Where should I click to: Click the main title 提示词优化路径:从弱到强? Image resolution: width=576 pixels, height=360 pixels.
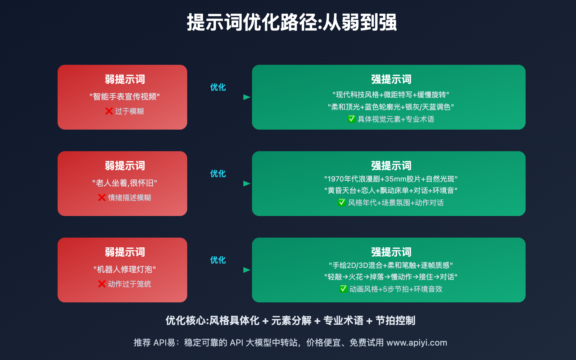(x=292, y=23)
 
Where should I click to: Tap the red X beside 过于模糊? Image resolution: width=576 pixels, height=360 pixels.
(x=109, y=111)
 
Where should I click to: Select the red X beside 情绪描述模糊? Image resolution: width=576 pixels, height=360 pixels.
(x=102, y=198)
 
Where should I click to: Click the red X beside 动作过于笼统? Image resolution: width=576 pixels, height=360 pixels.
(x=102, y=284)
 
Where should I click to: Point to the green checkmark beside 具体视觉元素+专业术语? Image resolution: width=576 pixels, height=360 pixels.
(x=351, y=119)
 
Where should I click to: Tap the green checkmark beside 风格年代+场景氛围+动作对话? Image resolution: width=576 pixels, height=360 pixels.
(x=342, y=202)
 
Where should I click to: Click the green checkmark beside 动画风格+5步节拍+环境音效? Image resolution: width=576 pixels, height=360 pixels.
(x=343, y=289)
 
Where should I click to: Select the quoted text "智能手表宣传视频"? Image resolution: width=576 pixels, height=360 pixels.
(x=125, y=97)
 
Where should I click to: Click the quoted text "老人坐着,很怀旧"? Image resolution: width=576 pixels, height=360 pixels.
(x=125, y=183)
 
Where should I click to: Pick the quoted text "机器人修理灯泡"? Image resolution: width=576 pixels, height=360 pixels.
(x=125, y=270)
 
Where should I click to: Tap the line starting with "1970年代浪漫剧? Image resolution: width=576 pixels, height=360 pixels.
(x=391, y=179)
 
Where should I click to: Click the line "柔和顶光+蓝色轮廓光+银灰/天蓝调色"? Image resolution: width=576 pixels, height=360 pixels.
(x=391, y=107)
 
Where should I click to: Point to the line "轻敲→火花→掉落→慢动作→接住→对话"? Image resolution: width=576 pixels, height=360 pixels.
(x=391, y=277)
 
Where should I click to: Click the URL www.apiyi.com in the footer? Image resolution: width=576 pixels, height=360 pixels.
(x=417, y=343)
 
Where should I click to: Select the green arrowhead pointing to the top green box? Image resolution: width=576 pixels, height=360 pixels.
(x=247, y=97)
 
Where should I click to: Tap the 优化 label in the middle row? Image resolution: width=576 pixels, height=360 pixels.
(x=218, y=174)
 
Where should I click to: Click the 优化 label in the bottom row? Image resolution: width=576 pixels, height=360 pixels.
(x=218, y=260)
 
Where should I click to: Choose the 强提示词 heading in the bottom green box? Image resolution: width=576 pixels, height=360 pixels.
(x=391, y=252)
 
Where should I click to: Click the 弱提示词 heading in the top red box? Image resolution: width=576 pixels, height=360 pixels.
(x=125, y=79)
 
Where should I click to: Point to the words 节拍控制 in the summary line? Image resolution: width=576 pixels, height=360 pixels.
(x=395, y=320)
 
